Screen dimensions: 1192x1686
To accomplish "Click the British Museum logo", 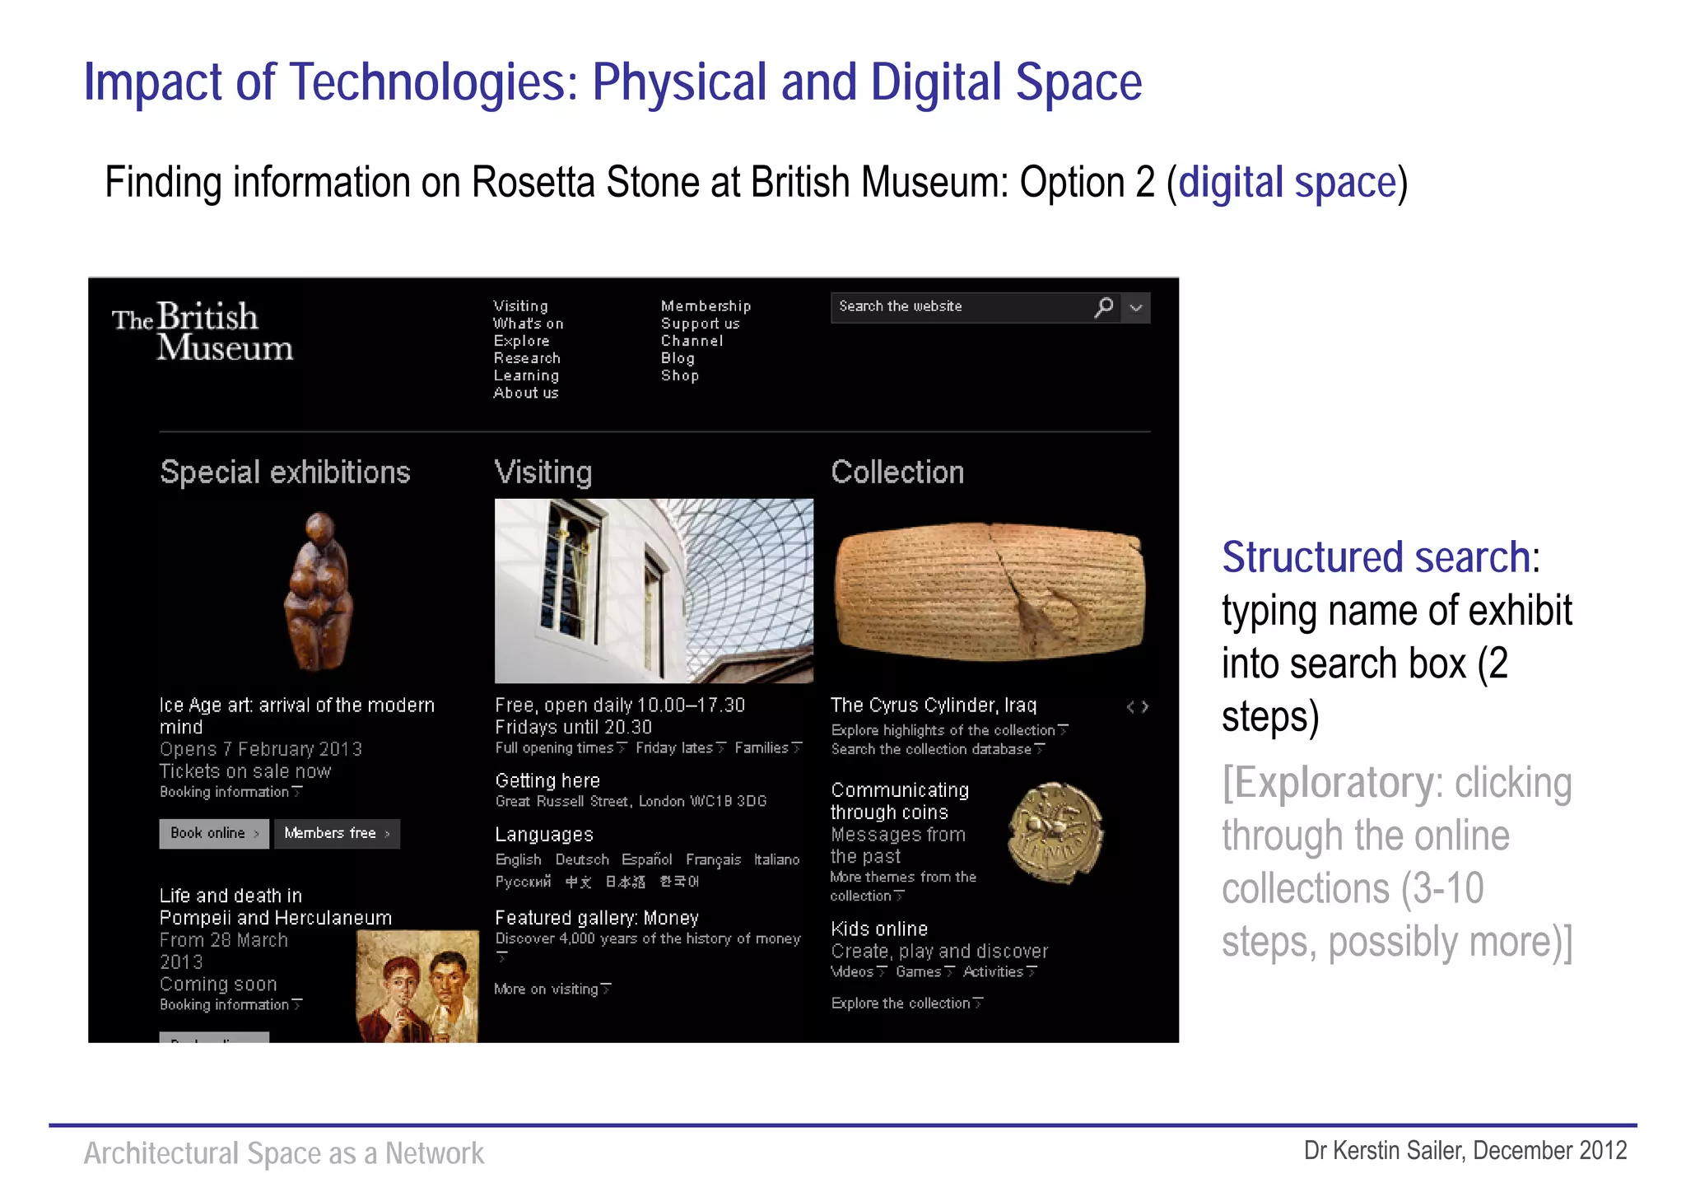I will tap(203, 331).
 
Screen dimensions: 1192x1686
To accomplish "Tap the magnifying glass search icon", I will tap(1104, 307).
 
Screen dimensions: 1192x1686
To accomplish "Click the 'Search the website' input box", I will tap(959, 307).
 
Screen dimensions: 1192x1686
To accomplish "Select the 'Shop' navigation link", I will tap(680, 376).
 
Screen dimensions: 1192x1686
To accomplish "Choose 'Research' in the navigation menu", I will tap(527, 359).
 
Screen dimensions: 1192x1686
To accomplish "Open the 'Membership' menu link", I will tap(706, 306).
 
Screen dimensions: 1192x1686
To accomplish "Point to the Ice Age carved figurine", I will tap(319, 590).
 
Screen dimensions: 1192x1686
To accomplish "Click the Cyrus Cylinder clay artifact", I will tap(989, 590).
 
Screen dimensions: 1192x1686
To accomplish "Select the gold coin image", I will tap(1055, 832).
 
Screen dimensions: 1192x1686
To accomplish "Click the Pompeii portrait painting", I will tap(417, 986).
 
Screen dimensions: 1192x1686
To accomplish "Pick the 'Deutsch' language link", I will tap(582, 859).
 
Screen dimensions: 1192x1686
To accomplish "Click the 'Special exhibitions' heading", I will tap(285, 473).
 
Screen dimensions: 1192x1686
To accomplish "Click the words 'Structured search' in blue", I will tap(1376, 557).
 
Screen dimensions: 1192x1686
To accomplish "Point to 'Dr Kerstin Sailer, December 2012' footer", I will tap(1465, 1150).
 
